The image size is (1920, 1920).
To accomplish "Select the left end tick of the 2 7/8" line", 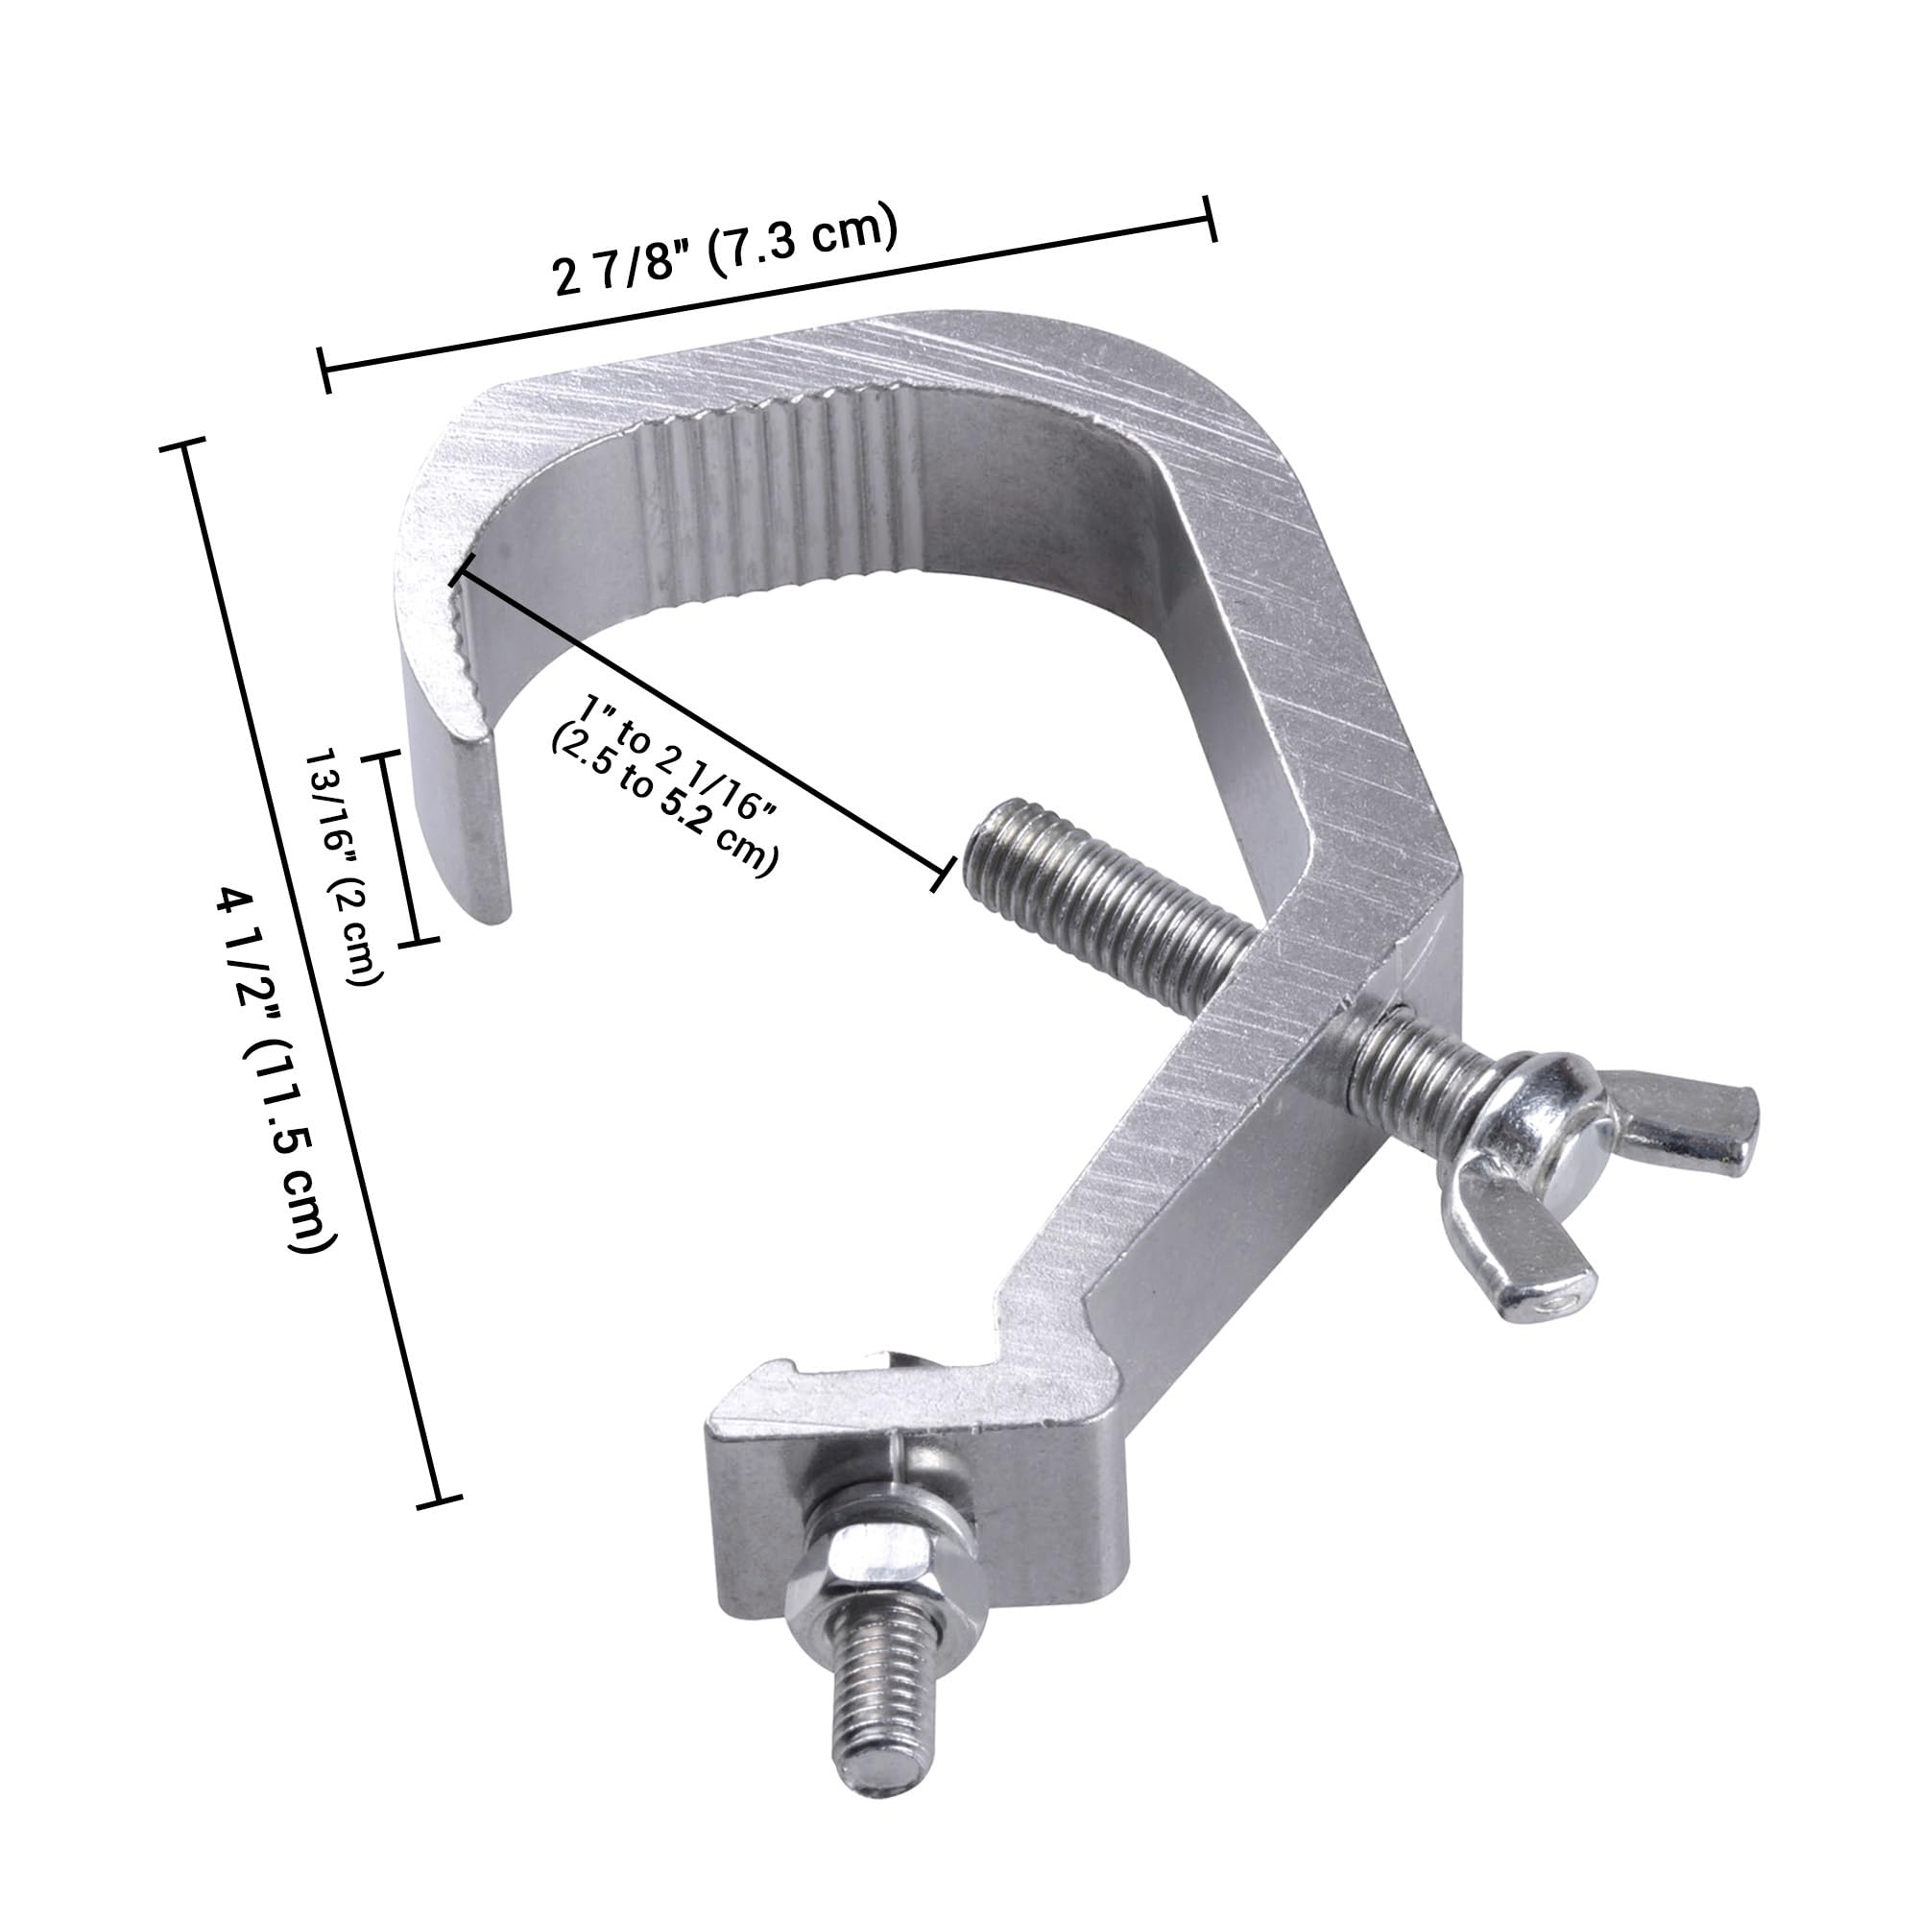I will pyautogui.click(x=325, y=370).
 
